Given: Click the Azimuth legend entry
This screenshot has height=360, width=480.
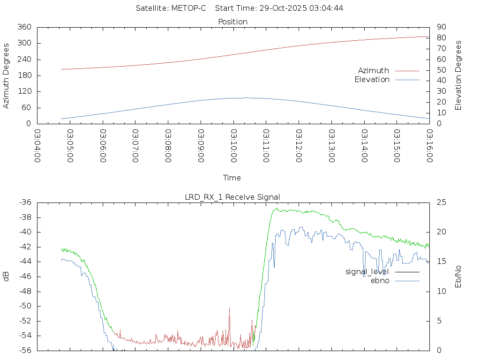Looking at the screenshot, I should point(374,71).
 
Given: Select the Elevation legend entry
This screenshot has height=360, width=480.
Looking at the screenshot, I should point(372,80).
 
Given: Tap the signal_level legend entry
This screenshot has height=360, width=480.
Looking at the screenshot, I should point(367,271).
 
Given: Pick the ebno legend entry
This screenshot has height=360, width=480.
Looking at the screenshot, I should point(380,281).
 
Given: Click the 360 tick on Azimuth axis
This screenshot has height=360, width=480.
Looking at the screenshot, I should point(24,27).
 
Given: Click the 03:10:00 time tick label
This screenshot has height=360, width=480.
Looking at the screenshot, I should point(234,146).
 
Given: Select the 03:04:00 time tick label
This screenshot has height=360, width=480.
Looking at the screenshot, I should point(37,146).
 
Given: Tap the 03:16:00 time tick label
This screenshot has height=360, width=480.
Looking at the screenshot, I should point(429,146).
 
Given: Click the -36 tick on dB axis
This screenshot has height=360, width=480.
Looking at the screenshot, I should point(24,202).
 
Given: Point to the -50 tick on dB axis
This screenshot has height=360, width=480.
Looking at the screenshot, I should point(24,306).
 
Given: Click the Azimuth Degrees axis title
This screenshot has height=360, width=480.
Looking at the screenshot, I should point(6,75).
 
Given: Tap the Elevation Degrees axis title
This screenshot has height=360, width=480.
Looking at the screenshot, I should point(458,75).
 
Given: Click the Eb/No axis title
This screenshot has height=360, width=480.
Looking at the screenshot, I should point(458,277).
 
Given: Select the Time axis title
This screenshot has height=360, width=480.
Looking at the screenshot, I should point(232,178).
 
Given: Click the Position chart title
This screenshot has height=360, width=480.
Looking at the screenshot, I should point(233,22).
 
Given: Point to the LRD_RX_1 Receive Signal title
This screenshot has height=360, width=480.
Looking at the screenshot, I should point(232,197).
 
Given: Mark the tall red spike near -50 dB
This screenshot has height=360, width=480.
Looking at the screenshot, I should point(230,308).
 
